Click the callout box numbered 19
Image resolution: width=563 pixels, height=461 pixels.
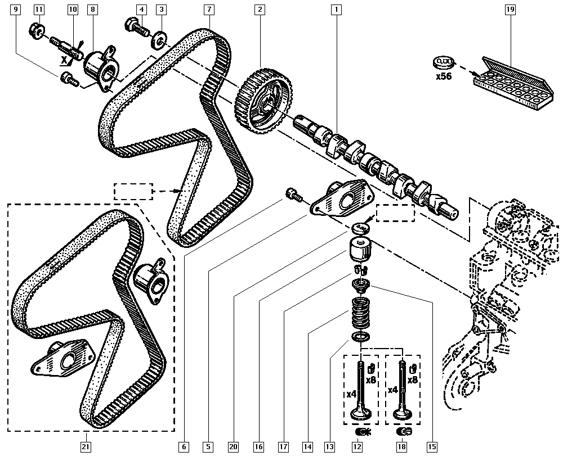[510, 9]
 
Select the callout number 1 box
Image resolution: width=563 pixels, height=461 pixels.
[337, 9]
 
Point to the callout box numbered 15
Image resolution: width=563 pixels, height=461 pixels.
[432, 447]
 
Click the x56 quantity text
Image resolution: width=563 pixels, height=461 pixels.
[444, 76]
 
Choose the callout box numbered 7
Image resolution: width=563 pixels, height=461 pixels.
[209, 9]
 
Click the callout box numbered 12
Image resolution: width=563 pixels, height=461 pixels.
[356, 447]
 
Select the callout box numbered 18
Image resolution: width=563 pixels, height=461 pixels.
[401, 447]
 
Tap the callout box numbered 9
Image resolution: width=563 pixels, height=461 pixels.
[15, 9]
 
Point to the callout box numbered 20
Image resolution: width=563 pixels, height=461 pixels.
[233, 447]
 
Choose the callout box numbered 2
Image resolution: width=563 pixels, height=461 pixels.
[259, 9]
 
